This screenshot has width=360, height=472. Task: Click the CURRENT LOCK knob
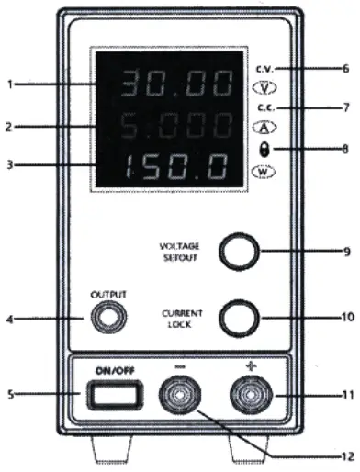pyautogui.click(x=241, y=318)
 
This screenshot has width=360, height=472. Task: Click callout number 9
pyautogui.click(x=345, y=250)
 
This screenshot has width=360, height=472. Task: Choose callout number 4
pyautogui.click(x=10, y=320)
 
